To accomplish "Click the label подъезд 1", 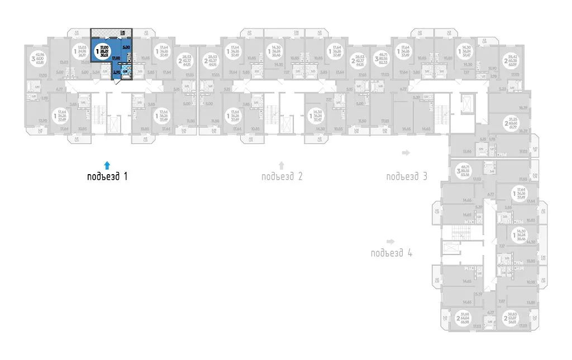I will click(108, 177).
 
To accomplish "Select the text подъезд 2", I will click(282, 177).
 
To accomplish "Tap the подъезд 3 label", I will click(407, 177).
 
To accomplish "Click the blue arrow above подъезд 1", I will click(108, 165).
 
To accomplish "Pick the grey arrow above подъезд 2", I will click(282, 165).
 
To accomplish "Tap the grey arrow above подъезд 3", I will click(407, 152).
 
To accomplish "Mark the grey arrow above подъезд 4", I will click(391, 241).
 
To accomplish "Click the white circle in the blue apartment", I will click(103, 50).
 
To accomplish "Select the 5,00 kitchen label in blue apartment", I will click(126, 49).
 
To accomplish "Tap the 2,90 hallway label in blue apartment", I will click(117, 71).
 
